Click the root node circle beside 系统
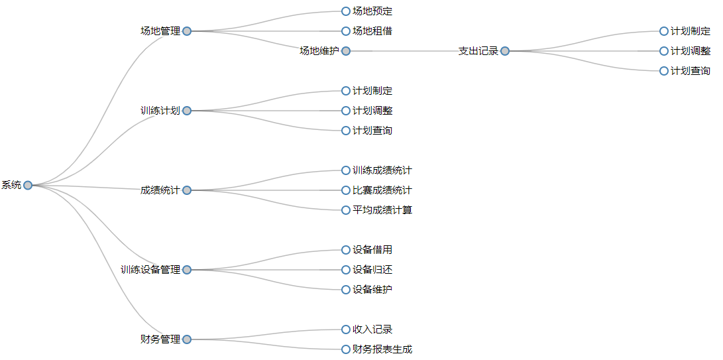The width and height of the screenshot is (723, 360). tap(28, 185)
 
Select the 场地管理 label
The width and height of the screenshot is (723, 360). tap(160, 31)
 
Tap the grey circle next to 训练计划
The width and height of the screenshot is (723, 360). tap(187, 111)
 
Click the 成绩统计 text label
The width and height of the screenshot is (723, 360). tap(160, 190)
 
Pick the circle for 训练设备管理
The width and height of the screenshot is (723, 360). tap(187, 270)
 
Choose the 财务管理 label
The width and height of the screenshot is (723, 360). tap(160, 339)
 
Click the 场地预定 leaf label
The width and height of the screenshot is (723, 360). tap(372, 11)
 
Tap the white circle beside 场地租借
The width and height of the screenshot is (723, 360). tap(346, 31)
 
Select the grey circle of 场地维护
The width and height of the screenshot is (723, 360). tap(346, 51)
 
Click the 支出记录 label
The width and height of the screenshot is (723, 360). tap(478, 51)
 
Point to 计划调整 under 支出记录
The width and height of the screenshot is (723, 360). tap(691, 51)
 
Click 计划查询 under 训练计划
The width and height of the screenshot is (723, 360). tap(372, 131)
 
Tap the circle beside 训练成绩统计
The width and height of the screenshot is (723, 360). tap(346, 170)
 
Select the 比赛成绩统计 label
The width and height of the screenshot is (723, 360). tap(382, 190)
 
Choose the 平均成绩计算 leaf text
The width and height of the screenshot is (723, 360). tap(382, 210)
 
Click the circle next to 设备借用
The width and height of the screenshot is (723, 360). tap(346, 250)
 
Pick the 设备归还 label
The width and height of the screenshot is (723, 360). tap(372, 270)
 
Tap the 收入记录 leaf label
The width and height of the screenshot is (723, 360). tap(372, 330)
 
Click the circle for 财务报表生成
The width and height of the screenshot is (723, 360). tap(346, 349)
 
